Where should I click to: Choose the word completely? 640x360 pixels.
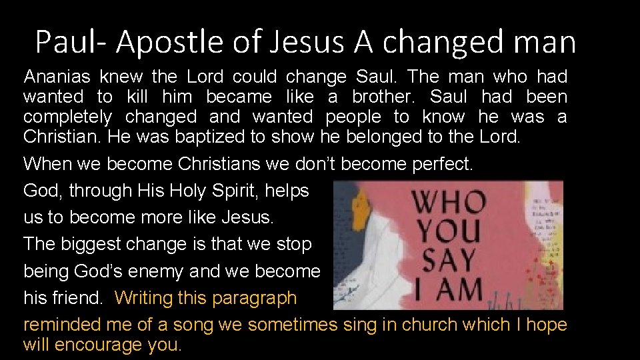coord(67,117)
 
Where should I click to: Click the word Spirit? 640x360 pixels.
coord(230,191)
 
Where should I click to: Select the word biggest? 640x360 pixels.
coord(89,244)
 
